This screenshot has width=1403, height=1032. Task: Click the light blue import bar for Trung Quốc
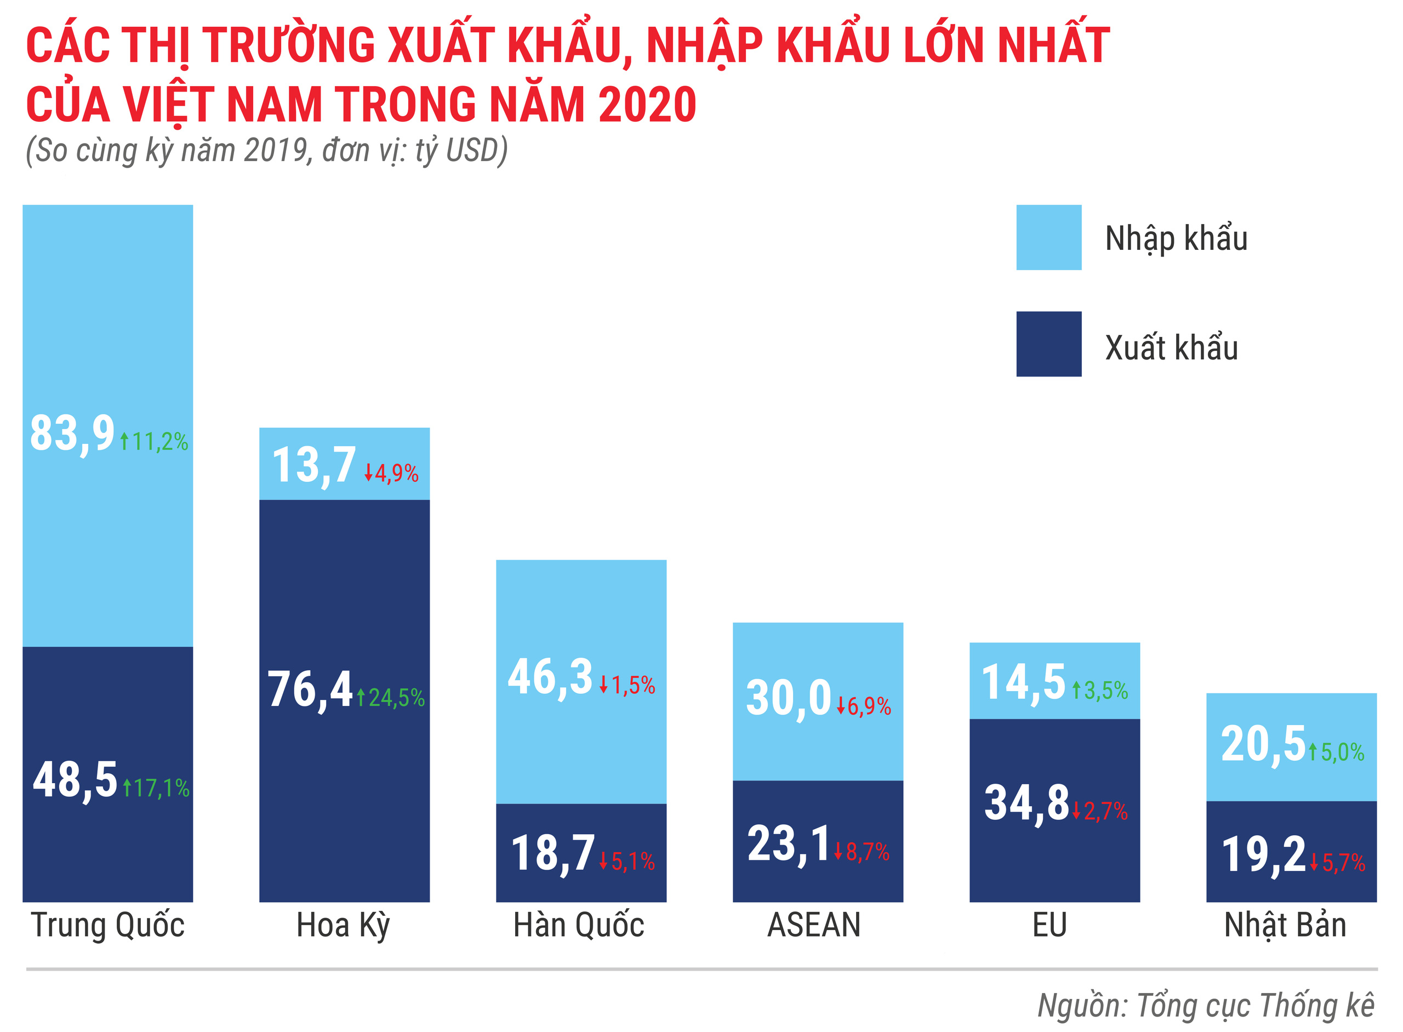pos(107,312)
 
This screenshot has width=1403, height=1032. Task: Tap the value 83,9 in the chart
pos(72,434)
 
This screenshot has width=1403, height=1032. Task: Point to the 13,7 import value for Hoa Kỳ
pos(314,465)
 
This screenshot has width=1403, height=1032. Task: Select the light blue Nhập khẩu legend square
pos(1048,237)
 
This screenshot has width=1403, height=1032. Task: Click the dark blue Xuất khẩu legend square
pos(1048,344)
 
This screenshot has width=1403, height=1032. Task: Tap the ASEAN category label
pos(813,925)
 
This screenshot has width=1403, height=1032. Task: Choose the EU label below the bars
pos(1050,925)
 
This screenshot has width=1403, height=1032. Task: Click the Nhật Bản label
pos(1285,925)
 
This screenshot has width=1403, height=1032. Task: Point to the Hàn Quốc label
pos(578,925)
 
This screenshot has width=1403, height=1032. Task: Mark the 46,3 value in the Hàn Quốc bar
pos(550,677)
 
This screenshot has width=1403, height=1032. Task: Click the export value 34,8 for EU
pos(1026,803)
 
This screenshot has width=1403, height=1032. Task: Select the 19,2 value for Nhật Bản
pos(1263,854)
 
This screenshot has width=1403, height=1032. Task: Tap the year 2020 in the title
pos(647,104)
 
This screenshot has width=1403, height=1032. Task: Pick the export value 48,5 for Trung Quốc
pos(75,780)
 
